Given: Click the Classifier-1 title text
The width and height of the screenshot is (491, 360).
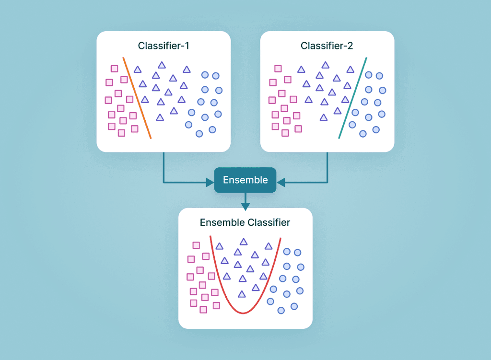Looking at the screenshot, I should (164, 46).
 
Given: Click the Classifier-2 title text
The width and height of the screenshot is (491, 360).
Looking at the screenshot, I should (327, 46).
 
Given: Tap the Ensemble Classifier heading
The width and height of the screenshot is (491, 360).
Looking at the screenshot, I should (245, 222).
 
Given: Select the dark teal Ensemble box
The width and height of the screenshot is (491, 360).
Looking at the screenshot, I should (245, 180).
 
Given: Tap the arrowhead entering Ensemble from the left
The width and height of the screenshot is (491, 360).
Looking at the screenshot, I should (210, 182).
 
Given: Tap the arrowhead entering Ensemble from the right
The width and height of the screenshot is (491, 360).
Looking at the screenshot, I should (281, 182).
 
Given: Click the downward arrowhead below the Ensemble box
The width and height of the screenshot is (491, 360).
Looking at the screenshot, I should (245, 206).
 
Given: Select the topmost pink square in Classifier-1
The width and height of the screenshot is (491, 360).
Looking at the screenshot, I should (114, 69).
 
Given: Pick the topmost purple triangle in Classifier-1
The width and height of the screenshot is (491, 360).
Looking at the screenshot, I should (162, 65).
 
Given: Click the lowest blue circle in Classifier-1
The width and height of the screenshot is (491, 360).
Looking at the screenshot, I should (199, 133).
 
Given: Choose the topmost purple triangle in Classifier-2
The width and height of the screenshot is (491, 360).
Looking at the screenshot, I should (325, 65).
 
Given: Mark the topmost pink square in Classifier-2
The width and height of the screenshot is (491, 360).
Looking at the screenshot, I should (278, 69).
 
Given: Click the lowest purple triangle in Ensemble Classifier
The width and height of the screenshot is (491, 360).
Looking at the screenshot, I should (242, 294).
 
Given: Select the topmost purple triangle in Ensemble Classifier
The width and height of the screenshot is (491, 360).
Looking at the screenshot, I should (244, 242).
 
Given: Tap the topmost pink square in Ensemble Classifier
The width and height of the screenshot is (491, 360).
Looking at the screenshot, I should (196, 245).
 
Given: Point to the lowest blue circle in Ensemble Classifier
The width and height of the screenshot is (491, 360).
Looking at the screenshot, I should (281, 310).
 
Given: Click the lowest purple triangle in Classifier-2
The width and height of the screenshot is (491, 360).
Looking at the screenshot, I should (324, 117).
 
